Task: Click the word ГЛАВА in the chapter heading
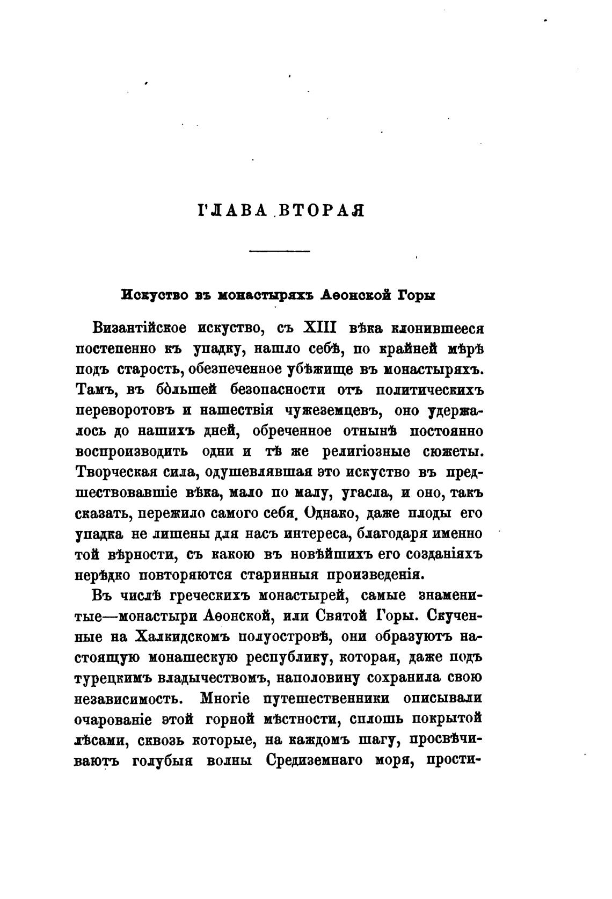[x=233, y=210]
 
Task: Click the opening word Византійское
[x=140, y=328]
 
